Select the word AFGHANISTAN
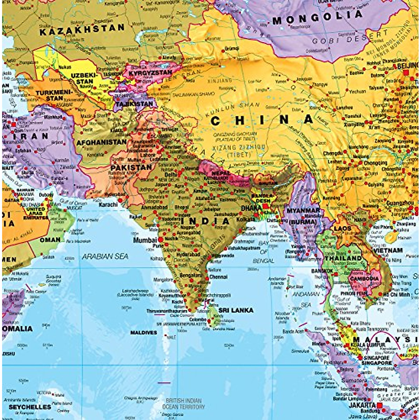point(101,142)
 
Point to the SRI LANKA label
point(236,310)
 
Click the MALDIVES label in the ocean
point(144,332)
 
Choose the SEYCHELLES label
point(30,407)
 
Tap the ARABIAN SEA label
point(105,257)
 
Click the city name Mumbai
point(145,240)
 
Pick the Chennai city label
point(218,277)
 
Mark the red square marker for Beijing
point(406,73)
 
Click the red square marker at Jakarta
point(380,407)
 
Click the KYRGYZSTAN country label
point(150,73)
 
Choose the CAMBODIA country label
point(364,279)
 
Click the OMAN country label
point(50,240)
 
